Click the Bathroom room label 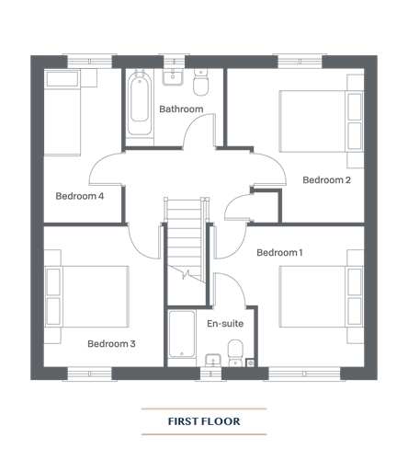[181, 109]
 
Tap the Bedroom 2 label [326, 179]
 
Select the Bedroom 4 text [80, 196]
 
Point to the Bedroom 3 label [111, 344]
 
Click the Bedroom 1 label [279, 252]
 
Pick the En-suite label [225, 324]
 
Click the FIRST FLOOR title [204, 421]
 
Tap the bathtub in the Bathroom [140, 102]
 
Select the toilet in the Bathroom [201, 82]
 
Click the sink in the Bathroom [173, 76]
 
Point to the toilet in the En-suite [235, 352]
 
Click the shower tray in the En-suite [182, 334]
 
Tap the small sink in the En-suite [213, 361]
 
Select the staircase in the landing [185, 239]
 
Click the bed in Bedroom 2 [321, 121]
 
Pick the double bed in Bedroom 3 [87, 296]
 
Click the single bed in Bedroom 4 [62, 112]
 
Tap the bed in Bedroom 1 [321, 296]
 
